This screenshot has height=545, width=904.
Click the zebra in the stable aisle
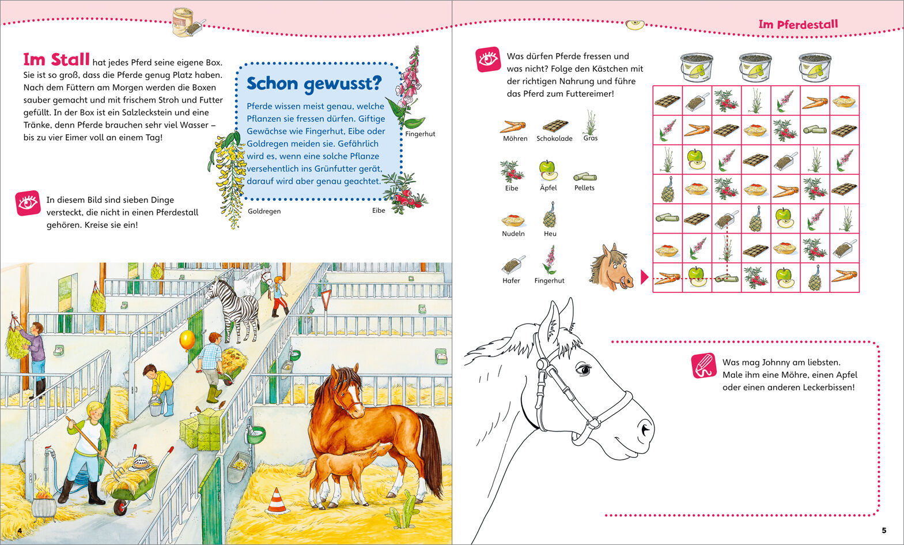click(x=234, y=309)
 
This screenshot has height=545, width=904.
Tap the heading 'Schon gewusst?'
click(x=314, y=84)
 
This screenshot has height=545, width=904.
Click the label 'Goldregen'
click(x=264, y=211)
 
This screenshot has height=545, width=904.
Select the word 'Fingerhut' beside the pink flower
click(x=420, y=134)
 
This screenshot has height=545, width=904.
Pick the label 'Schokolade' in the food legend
click(x=554, y=138)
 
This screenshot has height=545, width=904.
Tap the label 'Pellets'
click(x=584, y=188)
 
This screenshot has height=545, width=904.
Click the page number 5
click(x=884, y=531)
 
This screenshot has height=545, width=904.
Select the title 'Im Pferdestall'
click(x=798, y=24)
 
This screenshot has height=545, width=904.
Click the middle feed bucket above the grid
click(x=755, y=67)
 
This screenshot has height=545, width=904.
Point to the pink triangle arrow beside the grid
click(x=645, y=277)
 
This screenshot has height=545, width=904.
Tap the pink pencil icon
click(x=704, y=366)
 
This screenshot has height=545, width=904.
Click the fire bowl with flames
click(x=43, y=503)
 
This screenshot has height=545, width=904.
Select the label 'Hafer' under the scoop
click(x=511, y=281)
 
